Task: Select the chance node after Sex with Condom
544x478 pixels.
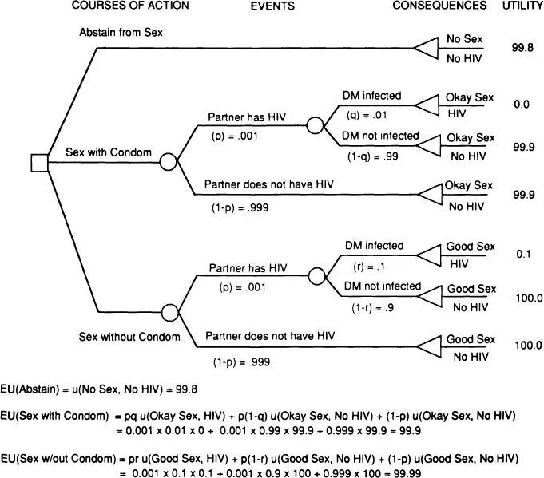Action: (168, 162)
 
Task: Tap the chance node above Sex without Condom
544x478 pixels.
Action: (169, 310)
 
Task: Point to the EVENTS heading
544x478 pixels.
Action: (272, 6)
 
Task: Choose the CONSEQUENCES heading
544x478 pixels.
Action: (439, 6)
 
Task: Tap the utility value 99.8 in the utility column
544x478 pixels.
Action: (523, 48)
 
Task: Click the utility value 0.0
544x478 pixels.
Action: (523, 104)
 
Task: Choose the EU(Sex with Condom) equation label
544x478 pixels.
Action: (54, 417)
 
